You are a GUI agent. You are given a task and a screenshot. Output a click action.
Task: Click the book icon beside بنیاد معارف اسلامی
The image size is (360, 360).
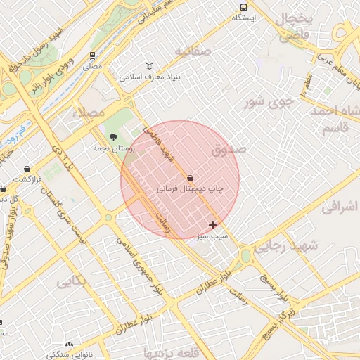click(x=148, y=65)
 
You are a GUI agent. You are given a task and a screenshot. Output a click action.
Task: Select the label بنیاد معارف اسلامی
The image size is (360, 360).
click(x=141, y=76)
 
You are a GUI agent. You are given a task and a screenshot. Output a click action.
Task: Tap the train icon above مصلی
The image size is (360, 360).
click(x=93, y=55)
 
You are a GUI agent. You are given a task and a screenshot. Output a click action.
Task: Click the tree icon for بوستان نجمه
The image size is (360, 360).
click(x=113, y=137)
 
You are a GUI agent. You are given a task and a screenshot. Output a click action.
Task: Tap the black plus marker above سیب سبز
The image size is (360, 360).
click(x=212, y=225)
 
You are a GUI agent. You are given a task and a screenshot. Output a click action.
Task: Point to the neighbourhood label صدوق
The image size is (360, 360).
click(x=229, y=150)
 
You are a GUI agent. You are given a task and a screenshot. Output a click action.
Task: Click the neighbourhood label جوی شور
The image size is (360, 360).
click(x=267, y=103)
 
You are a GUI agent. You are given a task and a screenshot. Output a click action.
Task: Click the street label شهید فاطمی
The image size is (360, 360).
click(x=156, y=141)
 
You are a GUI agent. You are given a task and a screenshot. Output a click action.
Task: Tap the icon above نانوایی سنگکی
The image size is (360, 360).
click(x=69, y=345)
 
